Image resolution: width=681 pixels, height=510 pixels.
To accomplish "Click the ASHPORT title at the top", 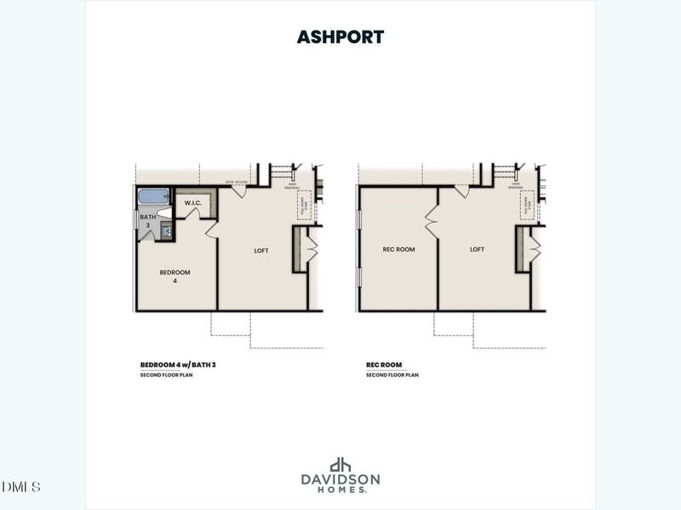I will click(340, 37).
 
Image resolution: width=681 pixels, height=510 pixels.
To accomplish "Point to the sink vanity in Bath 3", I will click(166, 229).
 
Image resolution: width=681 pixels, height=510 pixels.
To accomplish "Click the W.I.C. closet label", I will click(192, 203).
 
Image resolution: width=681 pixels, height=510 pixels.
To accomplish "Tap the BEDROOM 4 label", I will click(175, 276).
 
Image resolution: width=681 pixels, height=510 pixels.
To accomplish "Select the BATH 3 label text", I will click(148, 221).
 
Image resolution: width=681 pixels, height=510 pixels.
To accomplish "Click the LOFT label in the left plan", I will click(261, 250).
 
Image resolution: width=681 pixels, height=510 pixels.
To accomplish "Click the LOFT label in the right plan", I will click(477, 249).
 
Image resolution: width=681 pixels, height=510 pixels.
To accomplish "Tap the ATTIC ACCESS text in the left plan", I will click(236, 181).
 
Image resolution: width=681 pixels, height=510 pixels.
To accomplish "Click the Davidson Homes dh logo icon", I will click(340, 465).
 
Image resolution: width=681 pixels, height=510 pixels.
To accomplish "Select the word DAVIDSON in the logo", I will click(340, 479).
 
